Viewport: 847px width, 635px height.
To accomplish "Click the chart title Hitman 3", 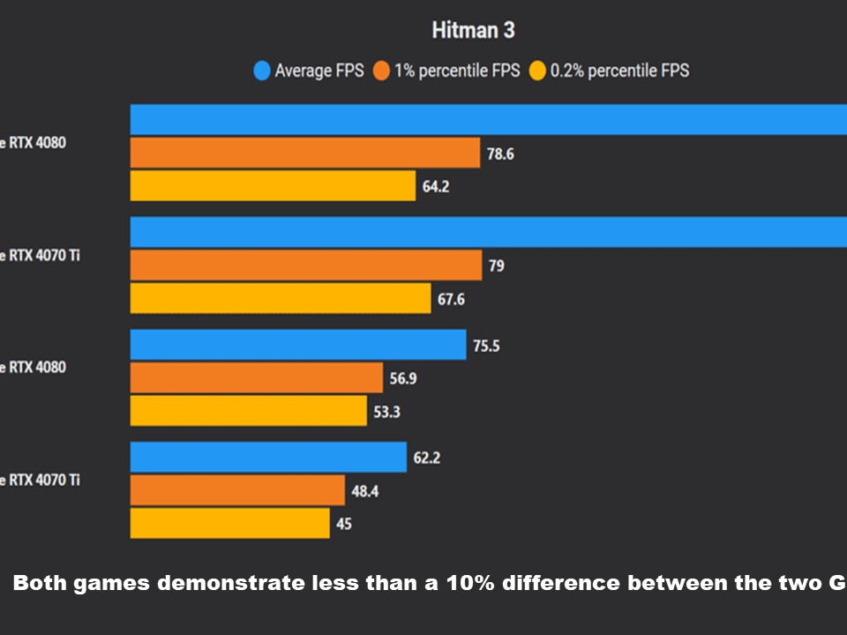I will pyautogui.click(x=473, y=31).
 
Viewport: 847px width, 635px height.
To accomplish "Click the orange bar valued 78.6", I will pyautogui.click(x=304, y=153).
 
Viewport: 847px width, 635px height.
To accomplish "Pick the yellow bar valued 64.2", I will pyautogui.click(x=273, y=186).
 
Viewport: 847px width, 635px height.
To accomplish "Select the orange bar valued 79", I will pyautogui.click(x=305, y=265).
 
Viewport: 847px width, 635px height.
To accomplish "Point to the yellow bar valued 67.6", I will pyautogui.click(x=280, y=298).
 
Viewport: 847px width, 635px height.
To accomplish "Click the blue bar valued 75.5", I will pyautogui.click(x=297, y=345).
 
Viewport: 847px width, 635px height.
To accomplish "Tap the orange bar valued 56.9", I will pyautogui.click(x=256, y=377).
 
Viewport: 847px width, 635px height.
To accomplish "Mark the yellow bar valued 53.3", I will pyautogui.click(x=248, y=411).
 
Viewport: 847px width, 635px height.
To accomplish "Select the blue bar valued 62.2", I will pyautogui.click(x=268, y=457).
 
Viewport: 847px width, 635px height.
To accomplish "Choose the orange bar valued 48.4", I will pyautogui.click(x=237, y=490).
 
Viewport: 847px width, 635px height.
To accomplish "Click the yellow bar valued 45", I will pyautogui.click(x=229, y=523).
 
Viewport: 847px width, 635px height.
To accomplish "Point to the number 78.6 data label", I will pyautogui.click(x=500, y=154).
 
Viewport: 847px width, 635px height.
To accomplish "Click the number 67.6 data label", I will pyautogui.click(x=450, y=300).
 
